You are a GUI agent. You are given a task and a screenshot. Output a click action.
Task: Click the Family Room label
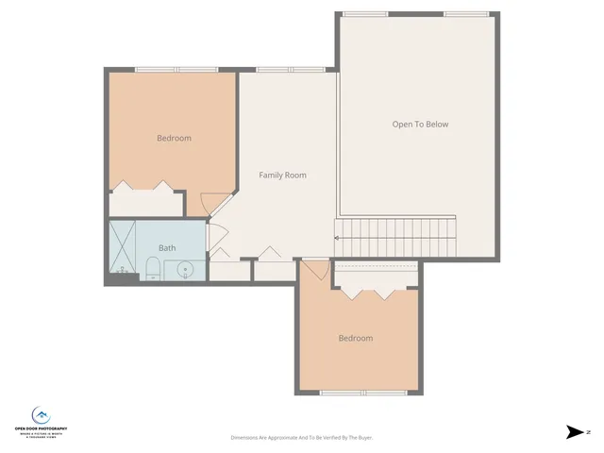pos(282,175)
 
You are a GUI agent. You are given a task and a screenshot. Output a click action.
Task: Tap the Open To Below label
pos(420,124)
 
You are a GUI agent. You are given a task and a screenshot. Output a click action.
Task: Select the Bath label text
pos(167,248)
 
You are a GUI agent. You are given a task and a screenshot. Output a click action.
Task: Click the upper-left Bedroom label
pos(174,138)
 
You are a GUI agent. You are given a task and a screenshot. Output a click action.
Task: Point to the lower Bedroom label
pos(356,338)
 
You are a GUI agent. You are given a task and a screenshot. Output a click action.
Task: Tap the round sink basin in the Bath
pos(186,270)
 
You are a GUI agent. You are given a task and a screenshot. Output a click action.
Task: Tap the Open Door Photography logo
pos(41,419)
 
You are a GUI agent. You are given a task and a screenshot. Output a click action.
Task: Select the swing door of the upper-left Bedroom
pos(215,203)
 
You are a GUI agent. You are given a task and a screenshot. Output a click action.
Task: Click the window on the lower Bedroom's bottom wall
pos(358,393)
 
